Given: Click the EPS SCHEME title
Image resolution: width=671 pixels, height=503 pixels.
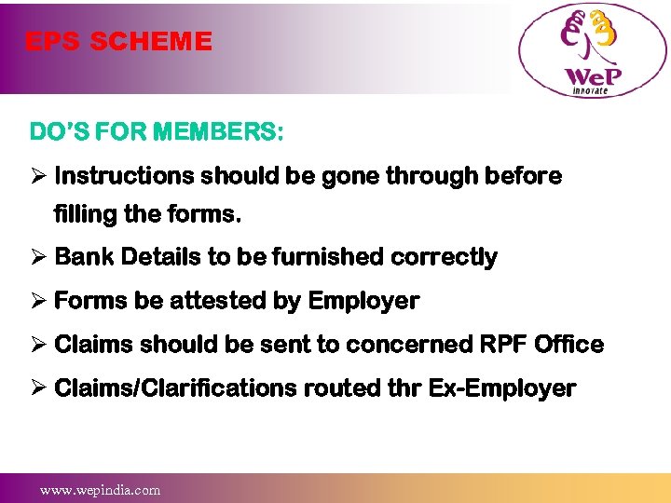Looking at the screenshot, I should (x=118, y=42).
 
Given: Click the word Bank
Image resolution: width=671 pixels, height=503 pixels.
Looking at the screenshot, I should (x=80, y=257).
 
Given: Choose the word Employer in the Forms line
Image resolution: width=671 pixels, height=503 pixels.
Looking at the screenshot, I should (x=363, y=301).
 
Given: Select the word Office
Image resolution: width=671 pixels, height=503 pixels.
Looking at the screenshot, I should (x=569, y=345).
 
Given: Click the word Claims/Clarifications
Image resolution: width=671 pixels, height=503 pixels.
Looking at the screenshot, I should (x=176, y=388).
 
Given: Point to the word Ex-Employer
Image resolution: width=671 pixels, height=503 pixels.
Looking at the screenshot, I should (x=502, y=388).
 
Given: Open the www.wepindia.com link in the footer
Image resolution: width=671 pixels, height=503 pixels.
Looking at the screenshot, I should (x=100, y=490).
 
